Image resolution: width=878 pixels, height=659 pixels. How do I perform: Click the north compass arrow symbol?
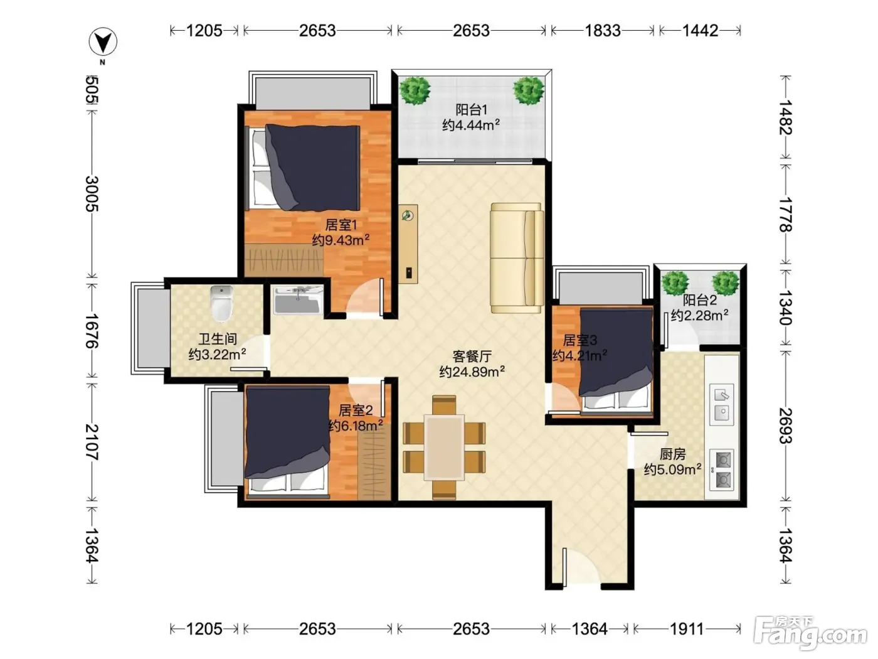pyautogui.click(x=103, y=41)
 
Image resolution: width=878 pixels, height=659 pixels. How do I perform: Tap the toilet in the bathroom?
pyautogui.click(x=221, y=304)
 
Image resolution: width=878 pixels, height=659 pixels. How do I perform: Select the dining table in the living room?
pyautogui.click(x=444, y=447)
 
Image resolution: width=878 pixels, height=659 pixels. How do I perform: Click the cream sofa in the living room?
pyautogui.click(x=517, y=258)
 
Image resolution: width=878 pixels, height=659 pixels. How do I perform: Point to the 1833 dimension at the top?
pyautogui.click(x=603, y=30)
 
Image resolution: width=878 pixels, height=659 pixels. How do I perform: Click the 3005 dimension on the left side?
pyautogui.click(x=92, y=194)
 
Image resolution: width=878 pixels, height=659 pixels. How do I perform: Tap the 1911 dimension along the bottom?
pyautogui.click(x=686, y=629)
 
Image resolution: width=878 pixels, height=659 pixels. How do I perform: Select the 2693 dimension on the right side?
pyautogui.click(x=786, y=426)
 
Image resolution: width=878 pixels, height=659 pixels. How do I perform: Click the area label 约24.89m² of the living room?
pyautogui.click(x=472, y=372)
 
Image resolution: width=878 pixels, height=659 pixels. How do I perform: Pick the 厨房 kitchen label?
pyautogui.click(x=673, y=454)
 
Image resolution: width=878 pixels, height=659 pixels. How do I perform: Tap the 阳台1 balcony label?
pyautogui.click(x=472, y=110)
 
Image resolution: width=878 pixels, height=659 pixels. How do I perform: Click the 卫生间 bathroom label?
pyautogui.click(x=218, y=339)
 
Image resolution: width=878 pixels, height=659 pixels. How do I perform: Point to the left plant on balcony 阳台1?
pyautogui.click(x=415, y=90)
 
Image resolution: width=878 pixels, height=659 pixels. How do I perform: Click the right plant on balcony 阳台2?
pyautogui.click(x=725, y=283)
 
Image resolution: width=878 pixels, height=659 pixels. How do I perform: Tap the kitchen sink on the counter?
pyautogui.click(x=722, y=405)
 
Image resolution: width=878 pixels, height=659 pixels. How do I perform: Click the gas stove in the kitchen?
pyautogui.click(x=722, y=469)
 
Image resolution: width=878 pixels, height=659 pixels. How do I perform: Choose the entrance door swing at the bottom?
pyautogui.click(x=582, y=565)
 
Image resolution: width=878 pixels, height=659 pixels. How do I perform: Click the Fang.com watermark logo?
pyautogui.click(x=810, y=634)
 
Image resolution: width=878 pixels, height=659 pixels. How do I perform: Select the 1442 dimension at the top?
pyautogui.click(x=700, y=30)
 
